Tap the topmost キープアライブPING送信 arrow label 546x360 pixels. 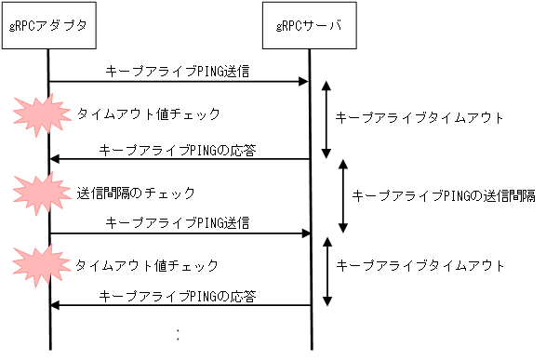pyautogui.click(x=178, y=71)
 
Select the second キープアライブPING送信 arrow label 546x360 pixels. pyautogui.click(x=178, y=223)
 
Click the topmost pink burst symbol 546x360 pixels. pyautogui.click(x=40, y=113)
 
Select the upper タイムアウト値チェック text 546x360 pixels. pyautogui.click(x=148, y=113)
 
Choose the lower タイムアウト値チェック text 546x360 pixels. pyautogui.click(x=148, y=265)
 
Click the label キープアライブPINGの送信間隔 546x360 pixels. pyautogui.click(x=443, y=195)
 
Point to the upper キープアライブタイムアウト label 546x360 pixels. pyautogui.click(x=419, y=118)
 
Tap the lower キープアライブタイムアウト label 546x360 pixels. pyautogui.click(x=419, y=265)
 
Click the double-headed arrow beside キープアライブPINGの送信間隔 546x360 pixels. pyautogui.click(x=343, y=196)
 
